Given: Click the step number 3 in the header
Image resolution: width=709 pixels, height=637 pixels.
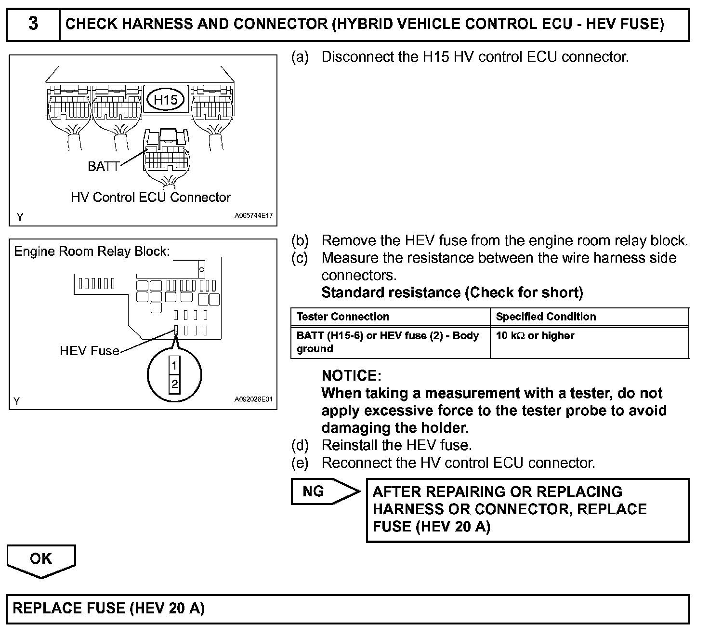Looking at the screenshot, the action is [x=33, y=24].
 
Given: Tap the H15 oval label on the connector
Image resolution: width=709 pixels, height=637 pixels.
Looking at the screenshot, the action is [x=165, y=100].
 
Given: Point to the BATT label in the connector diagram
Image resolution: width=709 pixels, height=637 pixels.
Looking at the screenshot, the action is [x=104, y=166].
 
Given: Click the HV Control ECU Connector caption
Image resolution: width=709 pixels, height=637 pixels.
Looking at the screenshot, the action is [x=150, y=197].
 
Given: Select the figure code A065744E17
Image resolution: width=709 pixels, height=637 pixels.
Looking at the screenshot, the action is [x=253, y=215].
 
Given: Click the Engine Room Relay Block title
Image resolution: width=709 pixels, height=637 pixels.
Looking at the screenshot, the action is [x=92, y=251].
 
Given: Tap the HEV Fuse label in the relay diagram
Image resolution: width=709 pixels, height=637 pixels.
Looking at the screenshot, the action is [x=89, y=350].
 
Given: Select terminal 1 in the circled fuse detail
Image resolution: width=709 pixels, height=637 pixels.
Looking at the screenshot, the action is [x=174, y=365].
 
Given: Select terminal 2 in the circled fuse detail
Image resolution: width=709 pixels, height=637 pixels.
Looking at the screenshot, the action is [x=174, y=384].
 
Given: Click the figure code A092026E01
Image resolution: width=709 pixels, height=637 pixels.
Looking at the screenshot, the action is [x=253, y=399].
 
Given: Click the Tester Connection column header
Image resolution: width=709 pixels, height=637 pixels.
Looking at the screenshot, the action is [x=342, y=317].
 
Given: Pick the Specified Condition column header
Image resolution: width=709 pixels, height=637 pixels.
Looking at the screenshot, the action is [x=546, y=317].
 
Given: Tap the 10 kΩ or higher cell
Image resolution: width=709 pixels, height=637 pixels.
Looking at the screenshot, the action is [x=535, y=335].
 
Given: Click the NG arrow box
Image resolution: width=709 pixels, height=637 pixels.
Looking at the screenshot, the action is [x=326, y=491].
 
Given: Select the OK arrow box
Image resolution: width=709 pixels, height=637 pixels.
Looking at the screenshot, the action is [x=41, y=561].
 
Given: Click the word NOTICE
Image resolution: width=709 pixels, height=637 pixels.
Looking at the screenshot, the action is [x=351, y=375].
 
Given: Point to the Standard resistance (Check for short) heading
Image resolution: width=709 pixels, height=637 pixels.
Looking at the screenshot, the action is [x=452, y=292].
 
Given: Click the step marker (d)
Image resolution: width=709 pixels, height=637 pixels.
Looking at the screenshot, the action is [x=300, y=445].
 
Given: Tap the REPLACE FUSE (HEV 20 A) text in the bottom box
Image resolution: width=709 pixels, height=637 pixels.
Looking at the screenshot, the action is [x=108, y=608].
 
